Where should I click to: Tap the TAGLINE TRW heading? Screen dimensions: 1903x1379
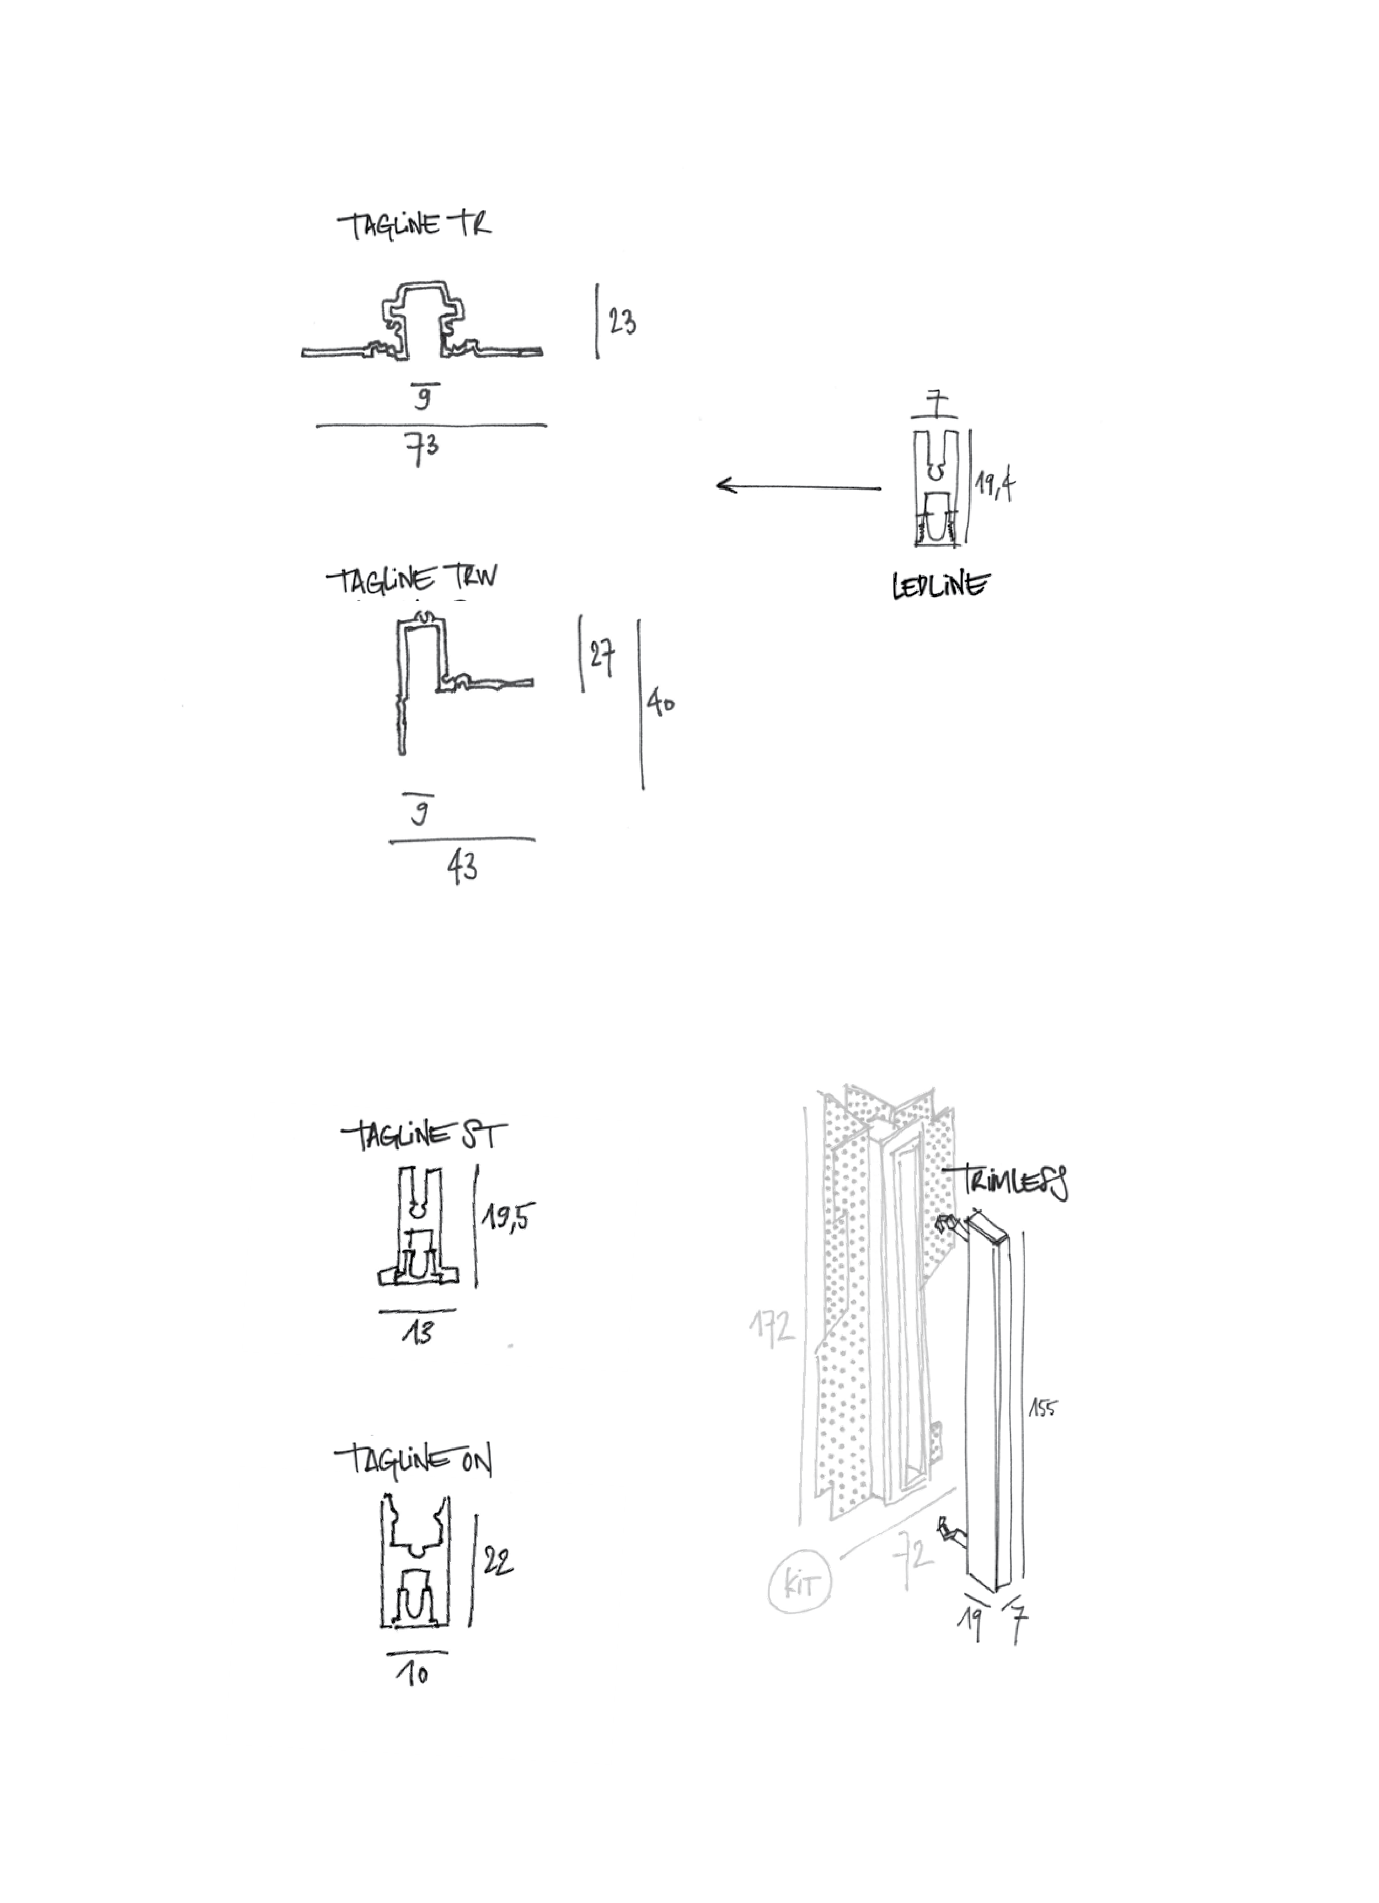(x=412, y=579)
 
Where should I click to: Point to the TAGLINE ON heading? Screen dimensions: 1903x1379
(x=414, y=1461)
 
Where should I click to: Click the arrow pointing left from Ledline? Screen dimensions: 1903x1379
(x=798, y=487)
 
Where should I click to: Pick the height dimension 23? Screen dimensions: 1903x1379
(x=622, y=322)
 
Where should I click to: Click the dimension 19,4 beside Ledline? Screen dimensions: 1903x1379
(x=995, y=484)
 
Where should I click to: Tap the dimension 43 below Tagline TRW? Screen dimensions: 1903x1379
(x=462, y=867)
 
